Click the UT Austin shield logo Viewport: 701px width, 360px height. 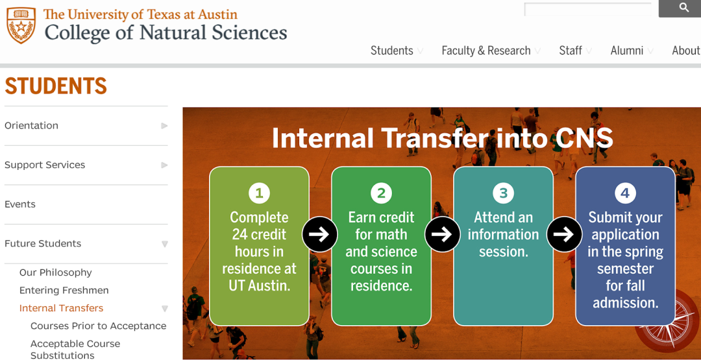click(x=21, y=25)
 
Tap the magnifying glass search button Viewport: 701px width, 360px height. click(x=680, y=8)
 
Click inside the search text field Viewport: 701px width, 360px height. click(x=588, y=9)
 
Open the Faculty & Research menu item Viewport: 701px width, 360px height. click(x=486, y=51)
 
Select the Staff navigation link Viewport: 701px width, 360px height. click(x=571, y=51)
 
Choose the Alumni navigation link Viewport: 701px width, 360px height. click(x=627, y=51)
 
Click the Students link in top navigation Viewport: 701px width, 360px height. click(x=391, y=51)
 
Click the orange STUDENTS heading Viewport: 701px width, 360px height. click(x=56, y=86)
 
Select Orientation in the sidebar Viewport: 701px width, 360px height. click(x=31, y=125)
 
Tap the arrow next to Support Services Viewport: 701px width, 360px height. click(x=164, y=165)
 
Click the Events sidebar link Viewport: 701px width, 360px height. click(x=19, y=204)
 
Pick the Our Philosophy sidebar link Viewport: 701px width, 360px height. click(x=55, y=272)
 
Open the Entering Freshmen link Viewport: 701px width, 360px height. click(x=64, y=291)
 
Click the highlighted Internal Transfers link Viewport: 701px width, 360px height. click(x=61, y=308)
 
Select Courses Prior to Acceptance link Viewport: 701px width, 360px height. click(x=99, y=326)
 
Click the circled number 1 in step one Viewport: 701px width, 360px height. click(x=259, y=193)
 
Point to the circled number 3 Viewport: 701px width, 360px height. click(x=504, y=193)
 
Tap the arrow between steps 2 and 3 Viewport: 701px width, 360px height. click(x=442, y=234)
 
